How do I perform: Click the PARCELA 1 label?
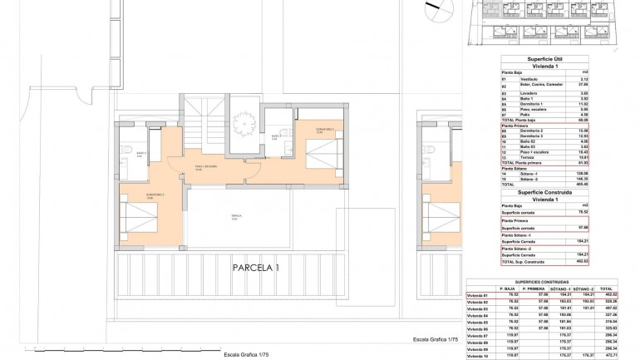[257, 267]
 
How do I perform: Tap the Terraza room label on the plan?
[236, 219]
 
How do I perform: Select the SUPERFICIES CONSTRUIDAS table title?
[544, 282]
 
